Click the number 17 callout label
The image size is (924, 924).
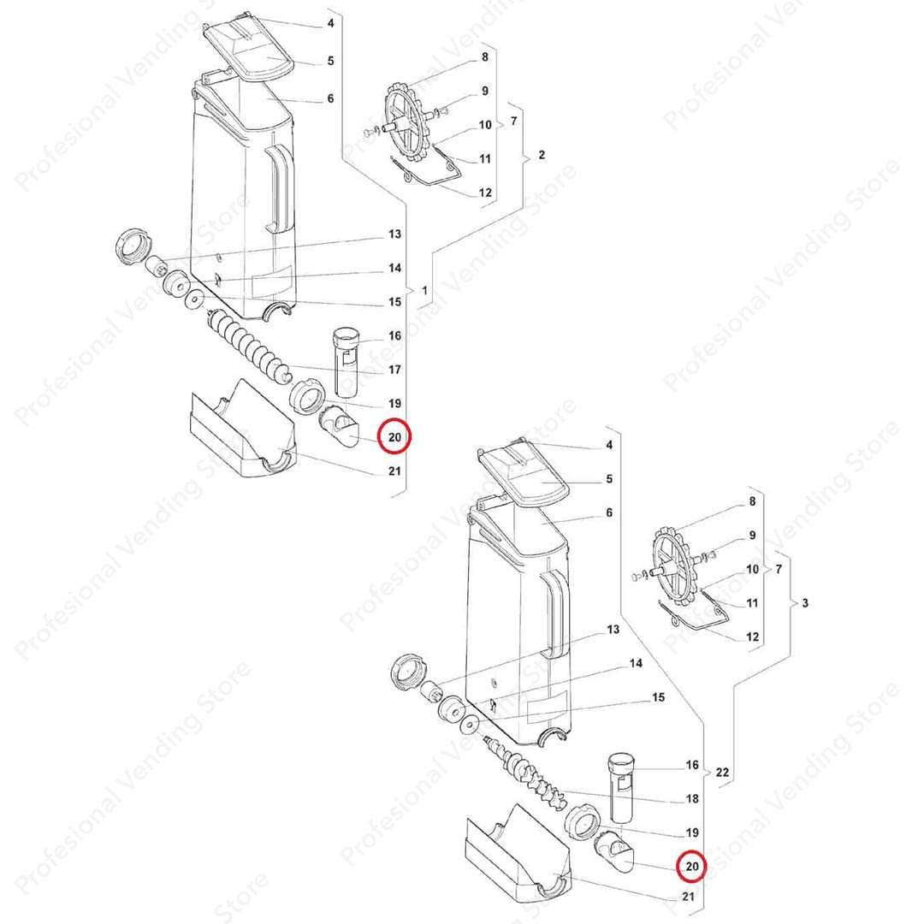(x=394, y=370)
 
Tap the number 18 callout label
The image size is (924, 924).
(x=692, y=798)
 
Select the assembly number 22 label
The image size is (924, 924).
(x=722, y=772)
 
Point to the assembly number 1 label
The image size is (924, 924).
(x=424, y=291)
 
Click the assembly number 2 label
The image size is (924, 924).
(x=542, y=155)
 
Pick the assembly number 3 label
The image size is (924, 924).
(x=805, y=603)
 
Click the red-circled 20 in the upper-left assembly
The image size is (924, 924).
(x=394, y=436)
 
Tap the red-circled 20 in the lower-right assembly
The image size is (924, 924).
(x=692, y=866)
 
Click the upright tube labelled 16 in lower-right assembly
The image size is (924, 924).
(x=620, y=787)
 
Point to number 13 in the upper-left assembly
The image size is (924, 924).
(x=394, y=234)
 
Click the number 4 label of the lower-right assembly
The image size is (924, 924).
(x=609, y=445)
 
